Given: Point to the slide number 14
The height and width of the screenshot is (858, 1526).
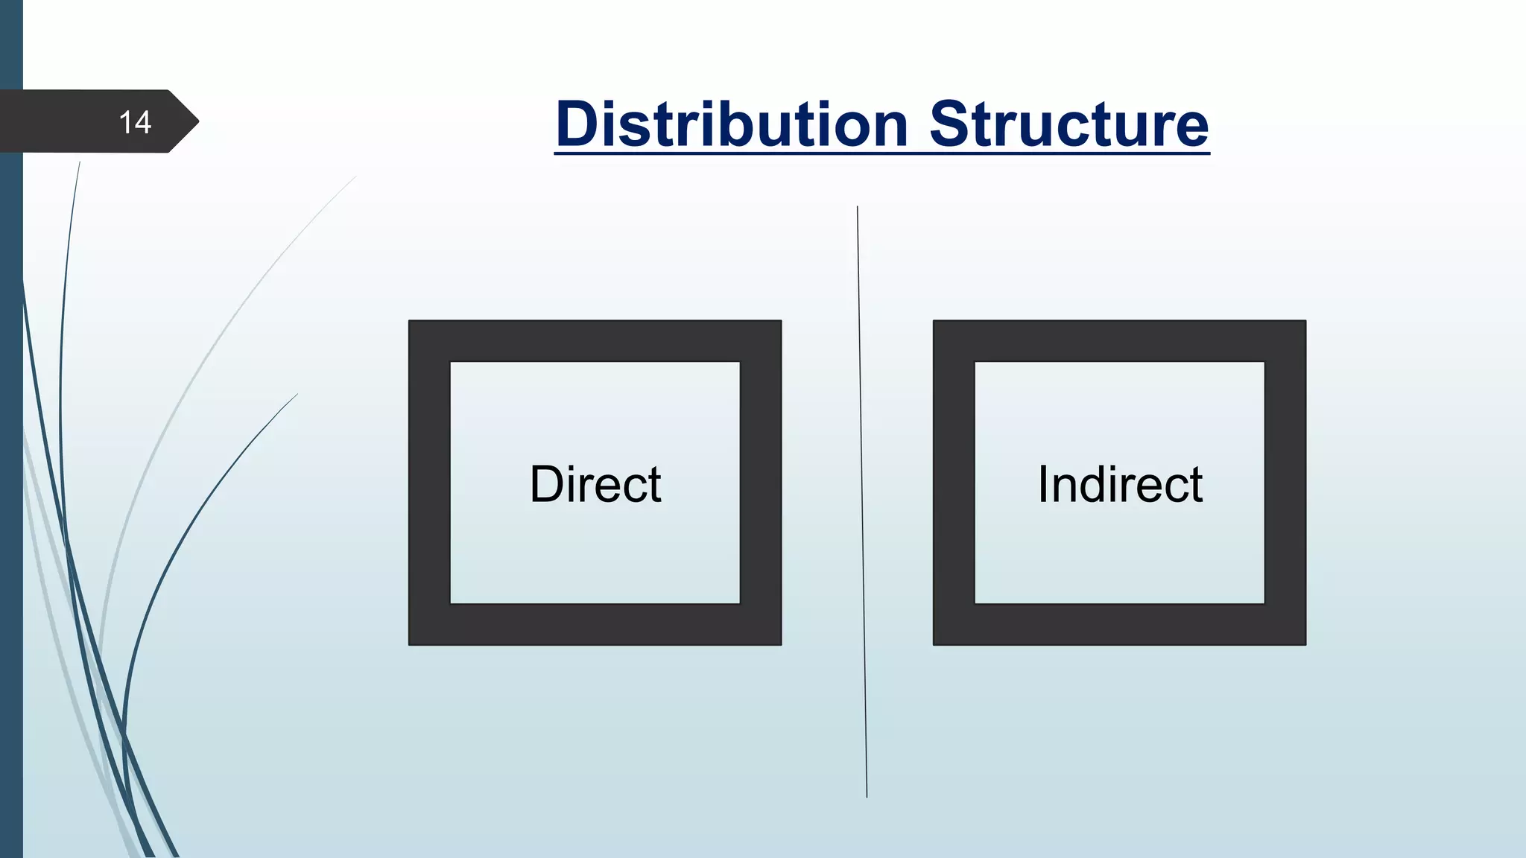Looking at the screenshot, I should (x=135, y=122).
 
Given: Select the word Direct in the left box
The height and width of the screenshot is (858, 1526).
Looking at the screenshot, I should (x=595, y=484).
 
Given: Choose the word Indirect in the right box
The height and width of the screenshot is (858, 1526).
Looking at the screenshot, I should (x=1120, y=484).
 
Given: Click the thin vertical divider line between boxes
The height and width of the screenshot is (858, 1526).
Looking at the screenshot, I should (x=862, y=499).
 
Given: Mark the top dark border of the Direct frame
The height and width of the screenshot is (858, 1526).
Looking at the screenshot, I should (x=595, y=341).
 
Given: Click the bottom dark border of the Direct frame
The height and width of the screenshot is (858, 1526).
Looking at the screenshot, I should (x=595, y=624).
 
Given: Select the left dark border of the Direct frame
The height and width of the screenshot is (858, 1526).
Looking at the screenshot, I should (x=429, y=483).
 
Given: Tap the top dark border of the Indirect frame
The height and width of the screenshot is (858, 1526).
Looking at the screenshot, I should (x=1119, y=341).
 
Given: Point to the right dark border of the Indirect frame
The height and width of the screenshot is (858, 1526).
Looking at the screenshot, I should (x=1285, y=483).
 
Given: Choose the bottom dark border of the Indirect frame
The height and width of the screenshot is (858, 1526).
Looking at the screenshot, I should (x=1119, y=624).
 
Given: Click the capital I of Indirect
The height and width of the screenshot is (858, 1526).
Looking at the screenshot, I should (x=1043, y=484).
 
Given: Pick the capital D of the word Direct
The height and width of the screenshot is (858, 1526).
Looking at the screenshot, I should (x=546, y=484).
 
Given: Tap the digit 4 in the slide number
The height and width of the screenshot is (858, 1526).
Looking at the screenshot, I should (x=143, y=122).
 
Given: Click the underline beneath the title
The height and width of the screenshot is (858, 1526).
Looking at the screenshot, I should (x=881, y=153).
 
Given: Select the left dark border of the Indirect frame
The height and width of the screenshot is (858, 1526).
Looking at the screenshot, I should (x=954, y=483).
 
